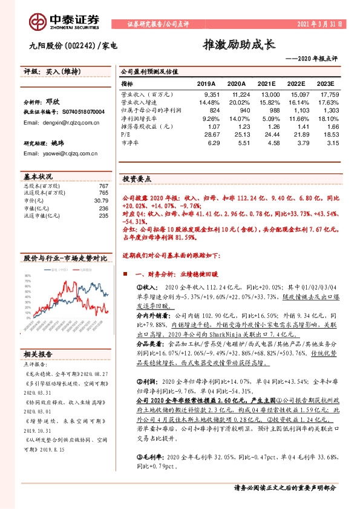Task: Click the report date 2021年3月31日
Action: tap(319, 25)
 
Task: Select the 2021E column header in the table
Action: tap(268, 83)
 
